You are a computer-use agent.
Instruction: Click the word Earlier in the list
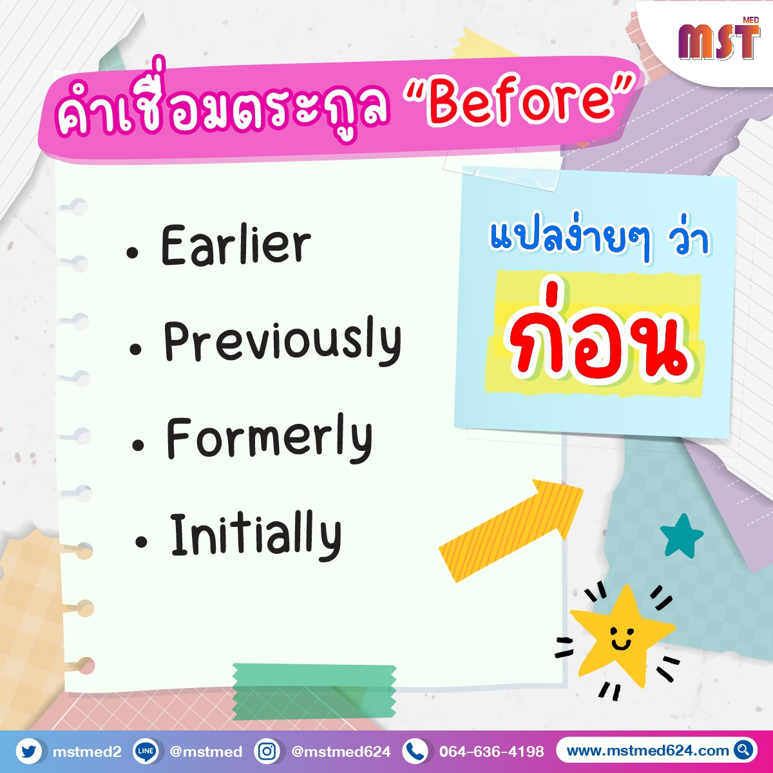pyautogui.click(x=236, y=245)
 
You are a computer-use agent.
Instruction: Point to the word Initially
pyautogui.click(x=256, y=535)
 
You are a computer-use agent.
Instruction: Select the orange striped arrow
pyautogui.click(x=511, y=530)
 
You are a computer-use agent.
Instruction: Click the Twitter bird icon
pyautogui.click(x=28, y=751)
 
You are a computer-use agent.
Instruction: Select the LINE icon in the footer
pyautogui.click(x=145, y=751)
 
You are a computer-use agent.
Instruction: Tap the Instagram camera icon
pyautogui.click(x=267, y=751)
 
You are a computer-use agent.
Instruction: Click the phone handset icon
pyautogui.click(x=415, y=751)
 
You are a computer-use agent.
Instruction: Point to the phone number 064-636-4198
pyautogui.click(x=491, y=751)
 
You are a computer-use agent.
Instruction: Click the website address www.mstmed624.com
pyautogui.click(x=647, y=750)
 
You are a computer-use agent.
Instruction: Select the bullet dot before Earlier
pyautogui.click(x=132, y=253)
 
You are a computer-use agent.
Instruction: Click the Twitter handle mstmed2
pyautogui.click(x=87, y=751)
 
